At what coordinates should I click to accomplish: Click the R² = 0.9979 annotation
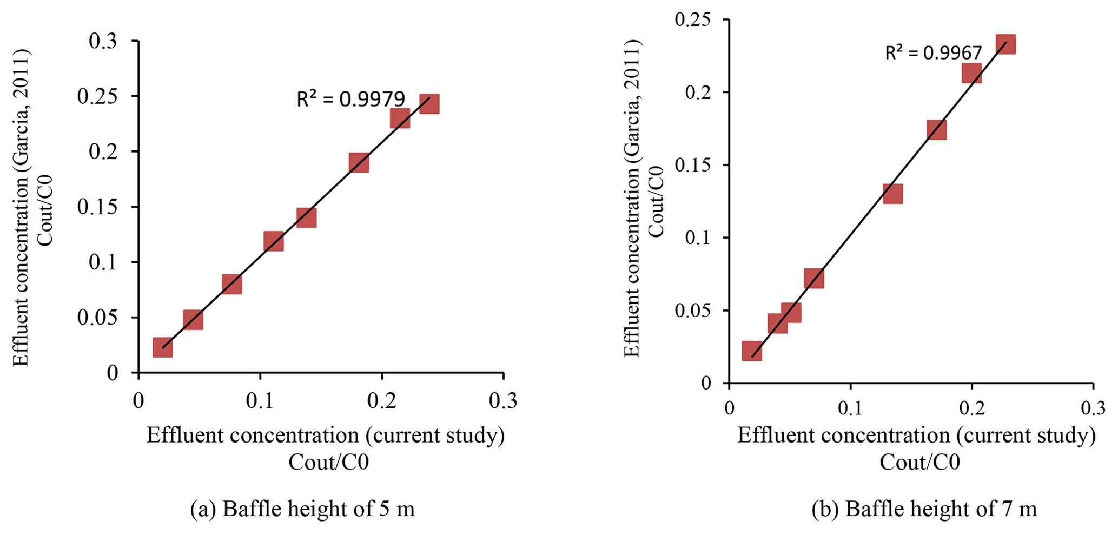tap(350, 99)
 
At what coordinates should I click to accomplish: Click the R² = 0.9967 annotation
tap(933, 52)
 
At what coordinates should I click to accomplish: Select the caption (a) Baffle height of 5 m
tap(302, 509)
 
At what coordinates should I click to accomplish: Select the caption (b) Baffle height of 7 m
tap(924, 509)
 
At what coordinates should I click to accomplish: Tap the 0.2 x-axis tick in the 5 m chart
tap(382, 401)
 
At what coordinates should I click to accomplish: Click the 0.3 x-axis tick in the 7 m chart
tap(1093, 408)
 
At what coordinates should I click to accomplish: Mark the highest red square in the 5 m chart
tap(429, 103)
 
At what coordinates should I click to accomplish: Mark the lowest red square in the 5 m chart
tap(162, 347)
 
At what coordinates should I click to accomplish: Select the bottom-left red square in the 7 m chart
tap(752, 351)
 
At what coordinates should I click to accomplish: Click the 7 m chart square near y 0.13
tap(892, 193)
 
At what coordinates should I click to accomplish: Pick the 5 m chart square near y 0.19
tap(359, 162)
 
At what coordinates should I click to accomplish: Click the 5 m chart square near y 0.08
tap(231, 284)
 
